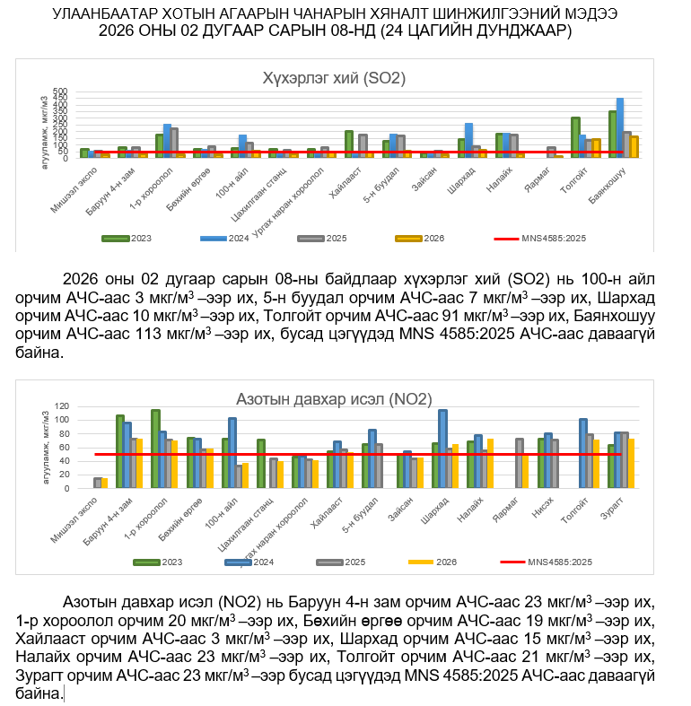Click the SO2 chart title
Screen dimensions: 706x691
click(x=334, y=78)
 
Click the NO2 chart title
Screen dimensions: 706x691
click(x=334, y=399)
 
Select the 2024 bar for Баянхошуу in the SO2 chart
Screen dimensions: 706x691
click(x=620, y=127)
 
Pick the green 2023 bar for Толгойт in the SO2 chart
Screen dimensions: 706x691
click(x=575, y=137)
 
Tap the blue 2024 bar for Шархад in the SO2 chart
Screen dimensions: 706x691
click(x=468, y=140)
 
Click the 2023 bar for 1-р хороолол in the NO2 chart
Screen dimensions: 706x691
click(x=155, y=449)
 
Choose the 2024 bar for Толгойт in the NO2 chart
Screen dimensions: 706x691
click(x=583, y=453)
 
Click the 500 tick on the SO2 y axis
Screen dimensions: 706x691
click(x=61, y=92)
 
